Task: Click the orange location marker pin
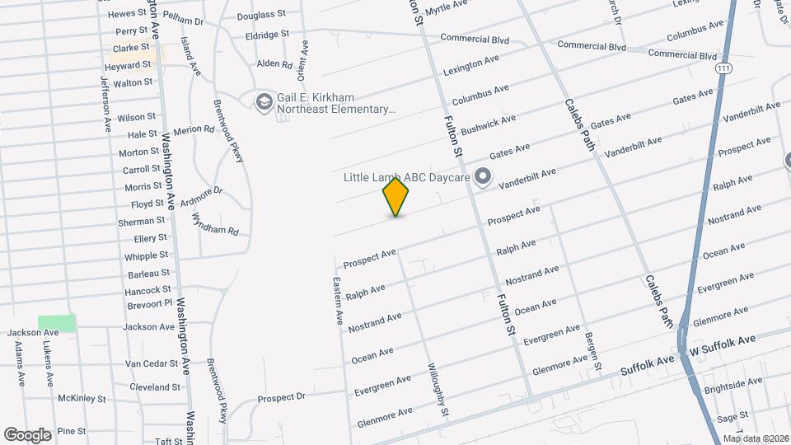click(x=396, y=197)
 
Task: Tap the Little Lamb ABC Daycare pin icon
click(x=484, y=177)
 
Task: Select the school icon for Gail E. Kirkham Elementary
click(x=264, y=101)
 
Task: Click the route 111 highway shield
click(x=724, y=67)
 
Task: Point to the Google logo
click(x=27, y=434)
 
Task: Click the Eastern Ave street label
click(x=338, y=301)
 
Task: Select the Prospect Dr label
click(x=281, y=398)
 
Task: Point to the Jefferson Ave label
click(x=105, y=105)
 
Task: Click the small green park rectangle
click(x=57, y=323)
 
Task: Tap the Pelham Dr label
click(x=183, y=18)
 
